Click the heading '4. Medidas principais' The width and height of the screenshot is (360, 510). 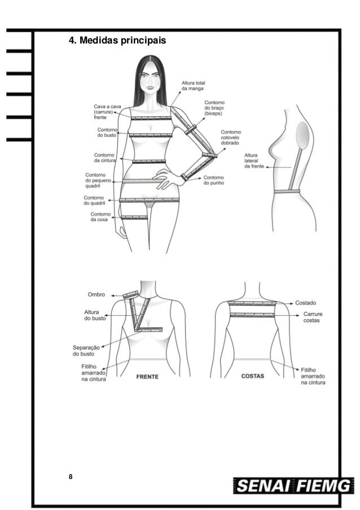(x=117, y=41)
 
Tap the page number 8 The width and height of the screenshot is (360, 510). (x=71, y=477)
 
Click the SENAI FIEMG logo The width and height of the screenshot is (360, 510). (x=293, y=485)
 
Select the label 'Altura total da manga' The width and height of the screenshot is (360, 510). (x=193, y=86)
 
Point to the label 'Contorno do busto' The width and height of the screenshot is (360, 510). (x=107, y=133)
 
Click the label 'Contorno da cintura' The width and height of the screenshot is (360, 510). (x=105, y=158)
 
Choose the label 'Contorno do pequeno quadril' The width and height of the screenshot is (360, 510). (x=98, y=180)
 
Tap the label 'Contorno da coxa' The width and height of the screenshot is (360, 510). (x=100, y=217)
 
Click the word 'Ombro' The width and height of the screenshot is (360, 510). (x=96, y=294)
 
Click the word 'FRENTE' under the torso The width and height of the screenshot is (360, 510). (x=147, y=376)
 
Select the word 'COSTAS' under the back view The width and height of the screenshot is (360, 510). (x=253, y=376)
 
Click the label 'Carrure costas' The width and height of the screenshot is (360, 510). (x=313, y=317)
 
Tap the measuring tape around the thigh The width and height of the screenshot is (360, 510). (x=134, y=216)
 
